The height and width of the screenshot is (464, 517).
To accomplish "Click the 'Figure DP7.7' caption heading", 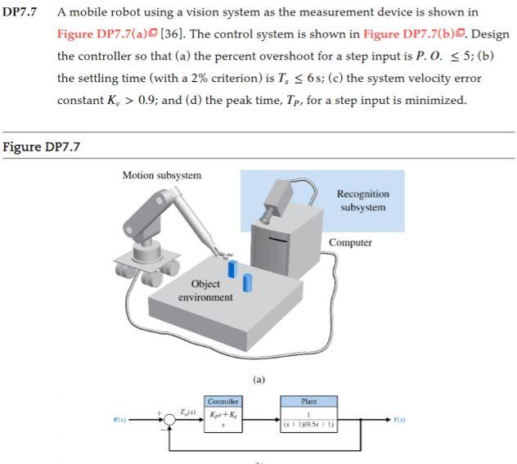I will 42,147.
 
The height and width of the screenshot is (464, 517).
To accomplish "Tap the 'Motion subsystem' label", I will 161,175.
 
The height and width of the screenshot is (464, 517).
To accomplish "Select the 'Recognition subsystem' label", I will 362,200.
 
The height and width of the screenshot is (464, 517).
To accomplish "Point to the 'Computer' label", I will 350,242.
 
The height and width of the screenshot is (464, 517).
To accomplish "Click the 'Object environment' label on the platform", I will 205,290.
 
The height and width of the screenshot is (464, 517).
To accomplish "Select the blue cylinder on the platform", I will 247,283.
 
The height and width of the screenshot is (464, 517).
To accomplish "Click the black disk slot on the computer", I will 279,241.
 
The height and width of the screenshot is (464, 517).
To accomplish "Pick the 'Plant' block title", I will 308,402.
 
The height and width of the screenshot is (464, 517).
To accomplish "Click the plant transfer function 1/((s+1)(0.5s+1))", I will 308,421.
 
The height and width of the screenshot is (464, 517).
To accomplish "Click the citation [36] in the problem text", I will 173,35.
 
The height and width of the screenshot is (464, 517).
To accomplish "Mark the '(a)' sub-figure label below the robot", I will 259,380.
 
